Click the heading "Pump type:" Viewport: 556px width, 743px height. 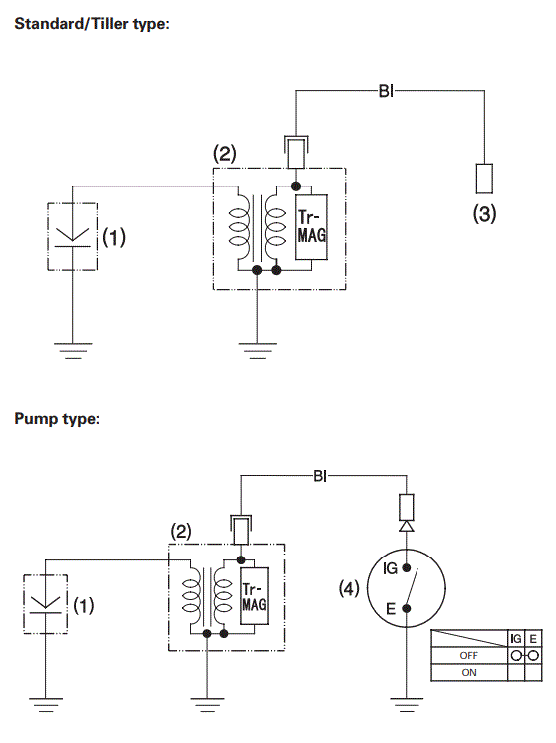coord(57,419)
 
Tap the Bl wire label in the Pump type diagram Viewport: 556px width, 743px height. coord(320,476)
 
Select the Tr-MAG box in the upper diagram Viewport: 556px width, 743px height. coord(311,228)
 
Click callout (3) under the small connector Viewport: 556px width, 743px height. coord(483,213)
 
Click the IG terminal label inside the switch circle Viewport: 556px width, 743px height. coord(390,568)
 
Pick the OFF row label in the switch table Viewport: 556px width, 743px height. coord(468,655)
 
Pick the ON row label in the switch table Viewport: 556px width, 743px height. coord(468,672)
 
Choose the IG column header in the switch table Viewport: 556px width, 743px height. coord(516,638)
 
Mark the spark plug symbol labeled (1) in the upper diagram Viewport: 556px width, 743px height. coord(73,236)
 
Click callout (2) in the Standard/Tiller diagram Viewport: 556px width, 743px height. coord(225,154)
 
